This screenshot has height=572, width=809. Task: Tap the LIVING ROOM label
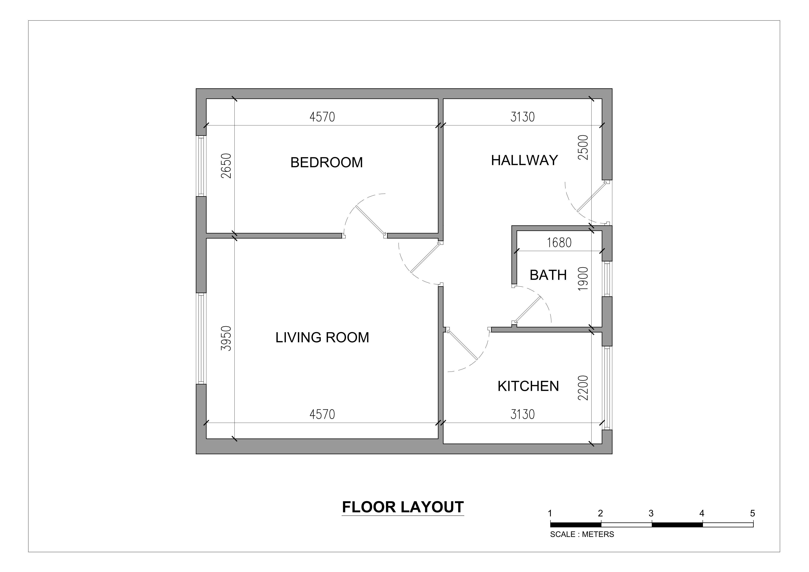[x=322, y=338]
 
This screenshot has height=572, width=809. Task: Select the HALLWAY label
[x=524, y=160]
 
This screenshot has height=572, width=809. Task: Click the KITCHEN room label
[x=528, y=386]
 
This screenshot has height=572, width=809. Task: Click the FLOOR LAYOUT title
[x=403, y=507]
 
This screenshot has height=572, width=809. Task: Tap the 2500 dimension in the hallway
[x=583, y=147]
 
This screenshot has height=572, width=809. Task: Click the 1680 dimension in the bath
[x=559, y=243]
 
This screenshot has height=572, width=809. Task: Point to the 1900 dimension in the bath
[x=583, y=278]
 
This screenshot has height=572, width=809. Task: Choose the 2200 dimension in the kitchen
[x=583, y=388]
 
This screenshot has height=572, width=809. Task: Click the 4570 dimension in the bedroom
[x=322, y=117]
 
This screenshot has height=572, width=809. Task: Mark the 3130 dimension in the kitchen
[x=523, y=414]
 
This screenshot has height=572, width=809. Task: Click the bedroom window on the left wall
[x=201, y=166]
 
